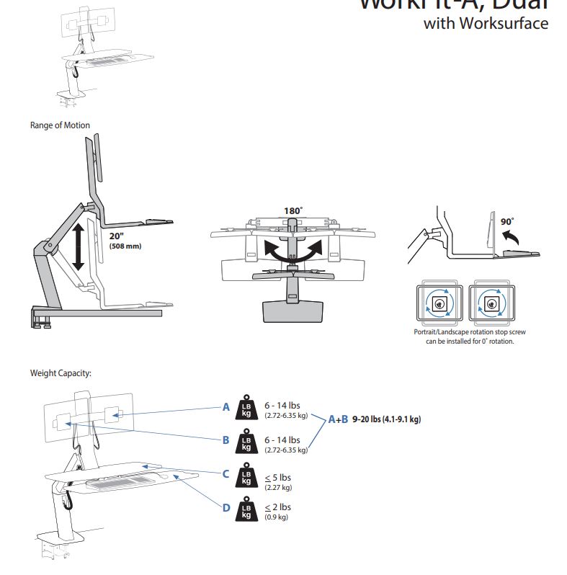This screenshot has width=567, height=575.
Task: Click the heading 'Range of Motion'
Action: (60, 125)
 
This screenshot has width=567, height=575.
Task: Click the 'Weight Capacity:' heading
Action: (61, 373)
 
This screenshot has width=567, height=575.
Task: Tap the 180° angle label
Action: (293, 211)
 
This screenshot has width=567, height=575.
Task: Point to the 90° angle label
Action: (507, 221)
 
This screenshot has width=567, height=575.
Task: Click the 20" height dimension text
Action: (117, 236)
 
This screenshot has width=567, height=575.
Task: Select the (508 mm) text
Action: (126, 246)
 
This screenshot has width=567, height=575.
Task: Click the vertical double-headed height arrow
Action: (78, 246)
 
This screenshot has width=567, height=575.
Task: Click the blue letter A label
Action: (226, 406)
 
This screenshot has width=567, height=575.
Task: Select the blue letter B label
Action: (226, 440)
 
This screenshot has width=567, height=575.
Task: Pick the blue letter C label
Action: (226, 474)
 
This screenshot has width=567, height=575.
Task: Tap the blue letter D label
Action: (226, 508)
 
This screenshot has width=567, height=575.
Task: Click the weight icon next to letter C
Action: (246, 474)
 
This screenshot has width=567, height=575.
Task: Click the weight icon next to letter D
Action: (246, 508)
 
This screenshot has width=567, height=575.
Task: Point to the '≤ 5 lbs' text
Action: (277, 477)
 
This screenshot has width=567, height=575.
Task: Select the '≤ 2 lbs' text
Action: (277, 507)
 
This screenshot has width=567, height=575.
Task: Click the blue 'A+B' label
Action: (338, 419)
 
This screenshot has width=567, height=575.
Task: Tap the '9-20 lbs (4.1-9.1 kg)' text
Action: (387, 419)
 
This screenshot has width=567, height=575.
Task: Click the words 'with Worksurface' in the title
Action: (486, 23)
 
